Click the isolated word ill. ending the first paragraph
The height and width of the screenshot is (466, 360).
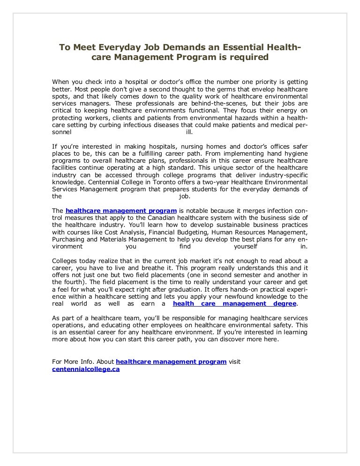coord(189,132)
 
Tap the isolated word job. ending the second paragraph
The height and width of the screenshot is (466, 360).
coord(185,197)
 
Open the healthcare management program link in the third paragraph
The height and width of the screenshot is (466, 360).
coord(121,210)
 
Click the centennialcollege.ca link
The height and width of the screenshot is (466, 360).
coord(86,369)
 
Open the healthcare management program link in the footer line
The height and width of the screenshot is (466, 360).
coord(171,362)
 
